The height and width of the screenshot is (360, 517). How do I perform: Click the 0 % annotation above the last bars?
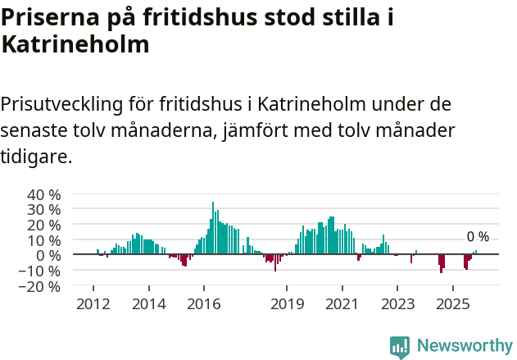(478, 237)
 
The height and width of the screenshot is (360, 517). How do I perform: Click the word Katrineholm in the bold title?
(75, 44)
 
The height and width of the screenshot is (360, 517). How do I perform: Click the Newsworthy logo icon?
(400, 347)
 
